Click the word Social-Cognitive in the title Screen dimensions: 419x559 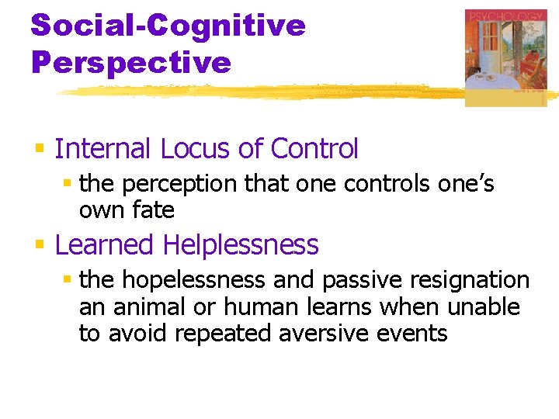point(168,25)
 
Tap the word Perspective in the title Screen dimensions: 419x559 point(130,62)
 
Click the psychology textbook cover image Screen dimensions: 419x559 point(505,57)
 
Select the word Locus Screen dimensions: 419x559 point(182,148)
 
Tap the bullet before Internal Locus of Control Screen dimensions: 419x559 point(40,147)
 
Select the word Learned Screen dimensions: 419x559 point(105,245)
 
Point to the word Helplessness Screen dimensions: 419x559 point(241,245)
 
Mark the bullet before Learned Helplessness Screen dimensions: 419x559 point(40,244)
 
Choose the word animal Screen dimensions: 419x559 point(142,307)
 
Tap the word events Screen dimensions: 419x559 point(419,334)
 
